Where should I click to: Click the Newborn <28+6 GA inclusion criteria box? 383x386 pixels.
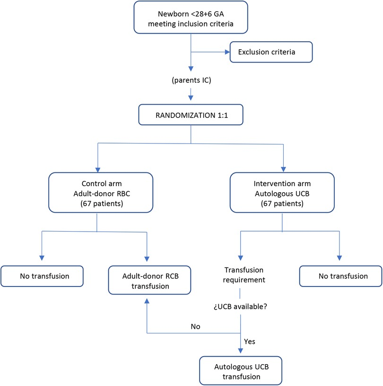190,17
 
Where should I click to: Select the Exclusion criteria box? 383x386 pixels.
270,52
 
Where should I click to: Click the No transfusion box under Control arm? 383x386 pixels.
42,276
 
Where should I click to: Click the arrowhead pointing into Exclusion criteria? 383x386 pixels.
226,52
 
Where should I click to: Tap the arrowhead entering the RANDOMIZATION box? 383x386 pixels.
190,99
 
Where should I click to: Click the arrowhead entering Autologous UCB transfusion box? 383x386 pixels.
242,351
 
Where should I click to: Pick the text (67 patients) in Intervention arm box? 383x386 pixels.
283,205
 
